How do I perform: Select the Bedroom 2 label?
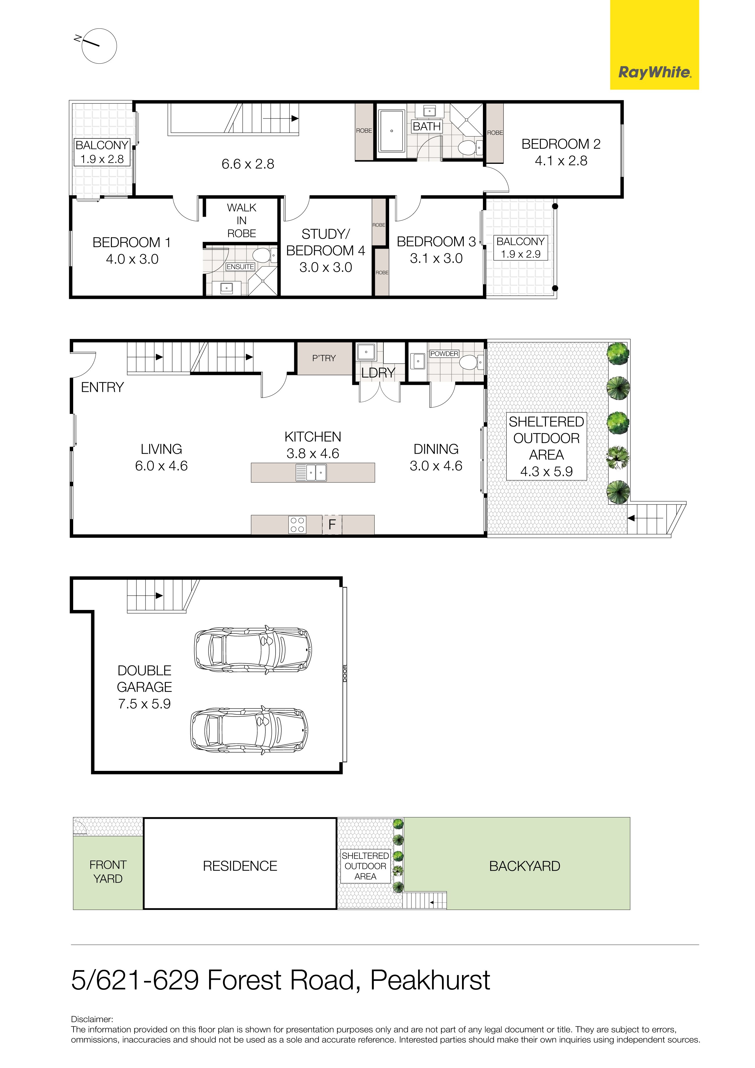(x=561, y=144)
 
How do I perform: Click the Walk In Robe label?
(x=241, y=220)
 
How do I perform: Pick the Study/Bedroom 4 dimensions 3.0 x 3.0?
(x=326, y=268)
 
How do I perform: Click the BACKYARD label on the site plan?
(x=525, y=866)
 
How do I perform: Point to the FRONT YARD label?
(x=108, y=872)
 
